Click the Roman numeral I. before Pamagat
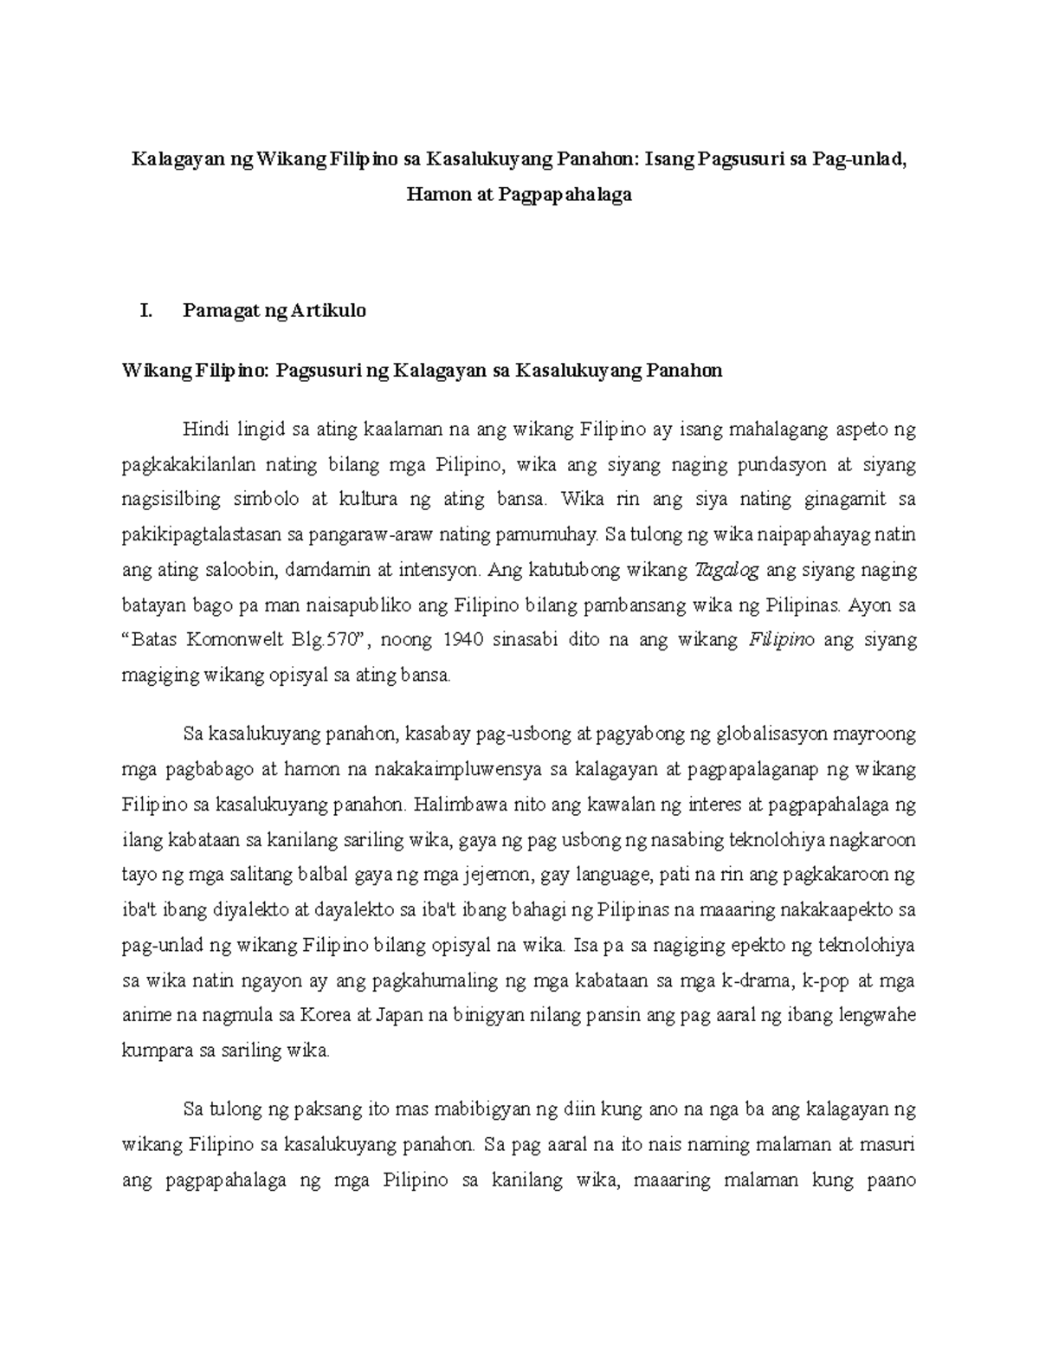click(x=145, y=310)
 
